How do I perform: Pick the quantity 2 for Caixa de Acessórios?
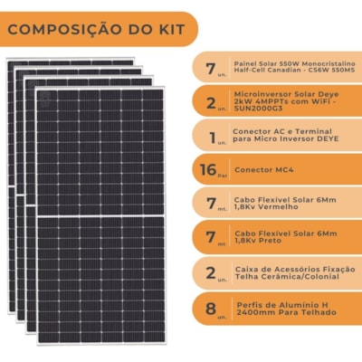point(210,272)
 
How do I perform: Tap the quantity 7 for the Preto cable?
point(210,238)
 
